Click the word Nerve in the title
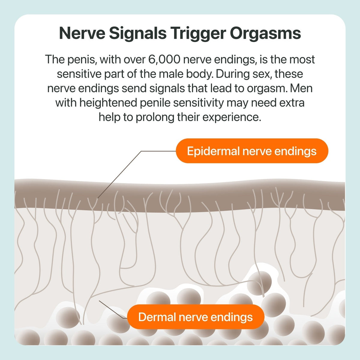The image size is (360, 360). click(x=82, y=33)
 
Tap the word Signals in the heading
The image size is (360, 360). click(x=138, y=34)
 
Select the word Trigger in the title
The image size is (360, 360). click(x=198, y=34)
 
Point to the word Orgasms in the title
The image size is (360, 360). click(x=265, y=34)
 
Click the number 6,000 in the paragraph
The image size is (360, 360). click(x=164, y=59)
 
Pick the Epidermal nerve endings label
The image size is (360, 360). click(x=252, y=151)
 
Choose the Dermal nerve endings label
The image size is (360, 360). click(x=196, y=317)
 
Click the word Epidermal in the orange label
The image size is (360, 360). click(x=213, y=151)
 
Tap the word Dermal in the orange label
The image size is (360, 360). click(x=158, y=317)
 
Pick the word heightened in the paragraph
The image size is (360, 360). click(x=108, y=103)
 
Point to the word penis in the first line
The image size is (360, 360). click(x=82, y=60)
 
